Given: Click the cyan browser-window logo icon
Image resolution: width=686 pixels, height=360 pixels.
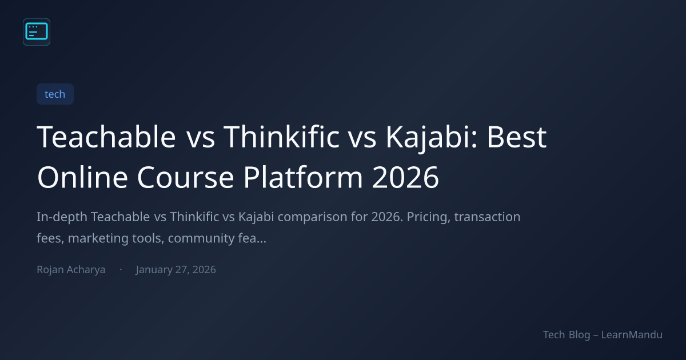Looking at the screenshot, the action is (x=37, y=32).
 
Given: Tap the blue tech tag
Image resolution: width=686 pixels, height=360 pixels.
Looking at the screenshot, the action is (x=55, y=94).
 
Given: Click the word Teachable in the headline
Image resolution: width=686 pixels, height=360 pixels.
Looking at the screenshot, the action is (x=106, y=137).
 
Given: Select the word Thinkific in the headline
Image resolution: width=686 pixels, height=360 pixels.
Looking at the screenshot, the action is (x=281, y=137).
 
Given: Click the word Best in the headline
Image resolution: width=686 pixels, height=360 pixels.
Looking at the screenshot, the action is (x=517, y=137).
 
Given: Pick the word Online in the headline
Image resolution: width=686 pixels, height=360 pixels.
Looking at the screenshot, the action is (x=82, y=177).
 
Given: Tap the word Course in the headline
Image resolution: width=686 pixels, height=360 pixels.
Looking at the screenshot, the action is (x=186, y=178).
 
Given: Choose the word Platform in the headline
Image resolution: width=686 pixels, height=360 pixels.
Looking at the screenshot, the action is (x=303, y=177).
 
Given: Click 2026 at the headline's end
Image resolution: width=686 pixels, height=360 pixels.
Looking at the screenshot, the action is (x=405, y=178).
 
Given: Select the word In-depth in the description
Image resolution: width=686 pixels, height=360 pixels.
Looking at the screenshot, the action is (x=62, y=217).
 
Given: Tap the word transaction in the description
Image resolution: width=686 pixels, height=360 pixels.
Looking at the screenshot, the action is (x=487, y=217).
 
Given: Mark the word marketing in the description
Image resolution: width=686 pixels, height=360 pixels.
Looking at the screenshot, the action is (x=98, y=239).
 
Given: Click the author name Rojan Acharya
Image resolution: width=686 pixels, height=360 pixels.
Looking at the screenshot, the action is (x=71, y=270).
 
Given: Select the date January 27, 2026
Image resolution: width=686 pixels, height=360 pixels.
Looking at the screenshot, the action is (x=176, y=270).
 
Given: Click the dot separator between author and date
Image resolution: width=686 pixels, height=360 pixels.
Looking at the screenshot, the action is (x=121, y=269).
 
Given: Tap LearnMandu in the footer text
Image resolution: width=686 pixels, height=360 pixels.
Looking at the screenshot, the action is (x=632, y=335).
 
